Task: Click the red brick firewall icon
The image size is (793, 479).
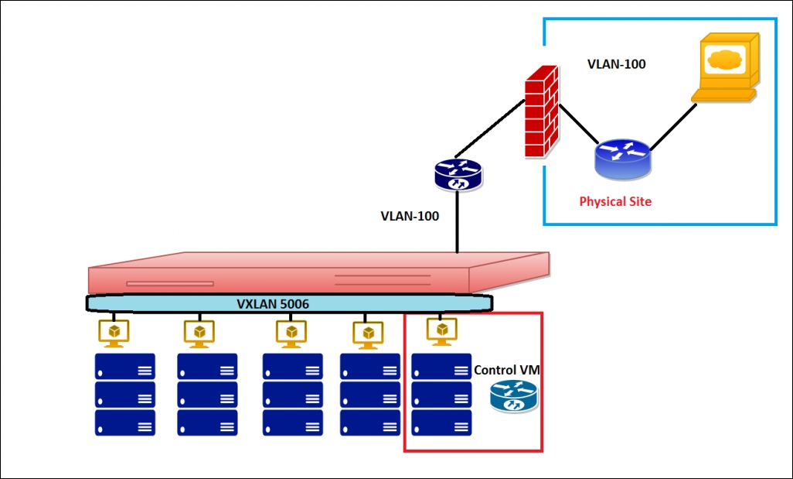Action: [542, 111]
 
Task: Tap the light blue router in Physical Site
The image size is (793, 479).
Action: [622, 159]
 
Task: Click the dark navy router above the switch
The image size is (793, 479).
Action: [458, 175]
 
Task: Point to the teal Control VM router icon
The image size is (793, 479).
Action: [514, 396]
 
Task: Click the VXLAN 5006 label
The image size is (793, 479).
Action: [273, 304]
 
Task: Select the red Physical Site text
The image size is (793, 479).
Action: [615, 201]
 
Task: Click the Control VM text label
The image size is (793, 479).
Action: [507, 370]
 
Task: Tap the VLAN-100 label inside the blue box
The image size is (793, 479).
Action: [616, 64]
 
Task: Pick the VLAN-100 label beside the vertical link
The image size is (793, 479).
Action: [410, 216]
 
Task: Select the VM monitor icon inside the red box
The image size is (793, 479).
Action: [442, 331]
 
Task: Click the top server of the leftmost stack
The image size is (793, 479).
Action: [125, 367]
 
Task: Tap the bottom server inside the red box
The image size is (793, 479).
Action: [441, 423]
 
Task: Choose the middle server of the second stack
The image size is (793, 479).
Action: [207, 395]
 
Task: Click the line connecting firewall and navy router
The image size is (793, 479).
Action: [489, 128]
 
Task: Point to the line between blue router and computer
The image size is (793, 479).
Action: [673, 127]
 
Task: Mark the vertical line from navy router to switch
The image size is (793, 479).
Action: [458, 222]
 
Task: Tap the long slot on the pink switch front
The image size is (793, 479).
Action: [170, 283]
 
